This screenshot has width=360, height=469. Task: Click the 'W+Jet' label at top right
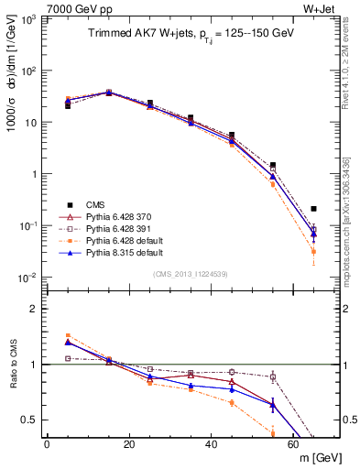pos(322,8)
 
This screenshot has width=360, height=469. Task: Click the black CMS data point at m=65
pos(313,209)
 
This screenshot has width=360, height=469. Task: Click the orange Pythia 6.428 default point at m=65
pos(313,251)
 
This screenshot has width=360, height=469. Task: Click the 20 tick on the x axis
pos(128,442)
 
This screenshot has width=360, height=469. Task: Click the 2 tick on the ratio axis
pos(38,309)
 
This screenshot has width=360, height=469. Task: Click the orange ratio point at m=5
pos(68,336)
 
